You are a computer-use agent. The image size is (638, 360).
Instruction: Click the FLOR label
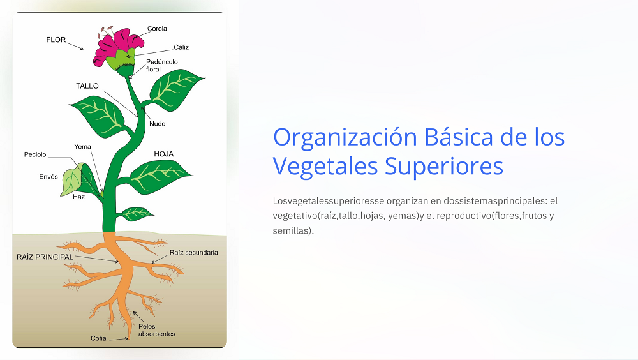coord(56,40)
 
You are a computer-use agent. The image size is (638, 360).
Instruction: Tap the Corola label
coord(157,29)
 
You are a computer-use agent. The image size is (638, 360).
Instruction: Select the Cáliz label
coord(181,47)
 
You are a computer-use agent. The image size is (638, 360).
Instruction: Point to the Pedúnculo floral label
coord(161,65)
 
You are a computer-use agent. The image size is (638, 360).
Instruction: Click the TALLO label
coord(87,86)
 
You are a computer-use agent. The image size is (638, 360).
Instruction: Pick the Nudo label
coord(157,123)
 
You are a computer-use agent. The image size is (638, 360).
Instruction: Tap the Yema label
coord(82,147)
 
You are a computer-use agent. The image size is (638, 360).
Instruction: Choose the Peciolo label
coord(35,154)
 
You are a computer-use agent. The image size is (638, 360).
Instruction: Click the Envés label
coord(48,177)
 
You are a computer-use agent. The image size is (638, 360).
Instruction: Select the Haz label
coord(78,197)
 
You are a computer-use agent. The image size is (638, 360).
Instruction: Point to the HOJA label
coord(164,154)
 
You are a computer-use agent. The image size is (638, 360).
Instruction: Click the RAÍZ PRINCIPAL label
coord(45,257)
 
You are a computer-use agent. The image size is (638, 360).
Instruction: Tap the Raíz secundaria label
coord(193,253)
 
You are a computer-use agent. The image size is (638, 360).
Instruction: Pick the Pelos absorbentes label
coord(156,330)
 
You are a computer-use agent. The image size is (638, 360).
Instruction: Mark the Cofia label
coord(98,338)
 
